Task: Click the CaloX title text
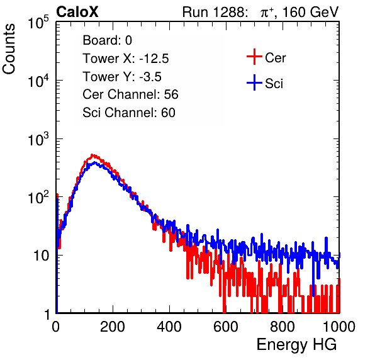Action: pos(77,12)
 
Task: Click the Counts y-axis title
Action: pos(9,49)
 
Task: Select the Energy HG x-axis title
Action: pos(296,344)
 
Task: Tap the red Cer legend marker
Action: pos(254,57)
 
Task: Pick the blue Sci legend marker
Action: pos(254,83)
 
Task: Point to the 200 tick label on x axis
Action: pos(113,327)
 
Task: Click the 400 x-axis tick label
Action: pos(169,327)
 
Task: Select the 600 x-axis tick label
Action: pos(226,327)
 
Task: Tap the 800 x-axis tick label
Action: pos(283,327)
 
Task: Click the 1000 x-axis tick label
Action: pos(339,327)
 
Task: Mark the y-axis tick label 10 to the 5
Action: pos(38,22)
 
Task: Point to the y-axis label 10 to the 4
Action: pos(38,81)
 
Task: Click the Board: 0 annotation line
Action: pos(107,40)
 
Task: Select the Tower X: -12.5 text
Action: pos(126,59)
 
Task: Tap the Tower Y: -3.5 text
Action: pos(122,77)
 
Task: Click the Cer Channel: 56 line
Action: pos(130,94)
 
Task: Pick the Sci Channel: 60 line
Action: pos(129,113)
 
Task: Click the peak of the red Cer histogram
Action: pos(92,155)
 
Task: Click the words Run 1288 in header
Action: pos(213,12)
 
